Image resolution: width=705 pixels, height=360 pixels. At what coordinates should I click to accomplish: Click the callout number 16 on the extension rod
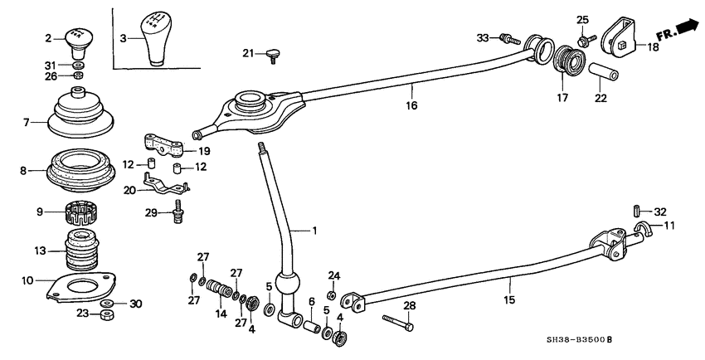click(x=411, y=105)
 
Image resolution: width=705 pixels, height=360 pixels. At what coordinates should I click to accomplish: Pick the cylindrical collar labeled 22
click(x=603, y=75)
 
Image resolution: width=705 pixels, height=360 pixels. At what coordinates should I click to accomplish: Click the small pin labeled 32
click(x=637, y=212)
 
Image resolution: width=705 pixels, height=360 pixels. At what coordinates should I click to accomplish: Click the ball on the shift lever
click(x=286, y=286)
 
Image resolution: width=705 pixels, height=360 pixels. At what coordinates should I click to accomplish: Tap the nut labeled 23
click(x=107, y=314)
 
